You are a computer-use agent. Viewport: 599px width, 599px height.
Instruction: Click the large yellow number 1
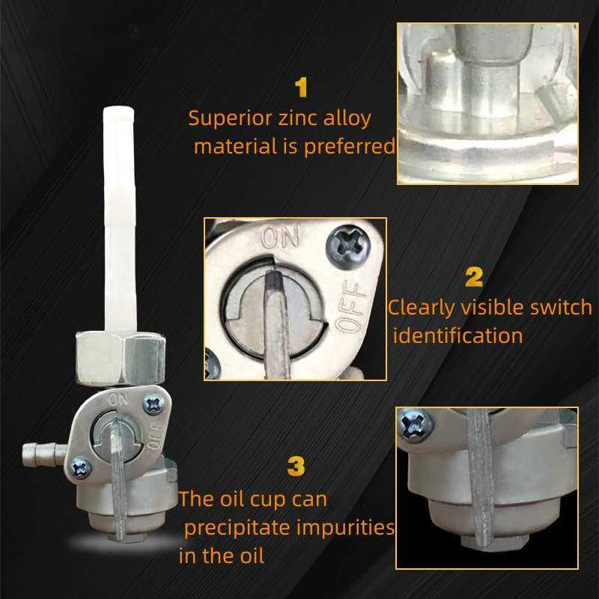coord(302,87)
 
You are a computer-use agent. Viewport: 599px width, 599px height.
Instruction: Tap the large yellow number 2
coord(474,277)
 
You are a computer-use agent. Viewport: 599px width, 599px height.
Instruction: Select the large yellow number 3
coord(296,466)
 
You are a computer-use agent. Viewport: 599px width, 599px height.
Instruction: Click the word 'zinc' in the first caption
coord(297,118)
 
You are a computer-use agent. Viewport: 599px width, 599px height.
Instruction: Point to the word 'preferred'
coord(350,147)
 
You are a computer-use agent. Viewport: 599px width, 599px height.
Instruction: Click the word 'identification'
coord(457,335)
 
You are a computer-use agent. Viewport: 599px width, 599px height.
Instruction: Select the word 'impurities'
coord(345,528)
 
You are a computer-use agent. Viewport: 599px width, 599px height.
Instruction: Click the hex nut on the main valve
coord(121,358)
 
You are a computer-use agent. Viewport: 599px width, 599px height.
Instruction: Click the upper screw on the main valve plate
coord(153,404)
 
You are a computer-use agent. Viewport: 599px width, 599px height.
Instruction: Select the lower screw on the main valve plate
coord(82,467)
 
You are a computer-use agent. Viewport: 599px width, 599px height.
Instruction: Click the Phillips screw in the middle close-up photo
coord(348,247)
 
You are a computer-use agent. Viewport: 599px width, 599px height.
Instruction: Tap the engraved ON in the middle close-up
coord(280,237)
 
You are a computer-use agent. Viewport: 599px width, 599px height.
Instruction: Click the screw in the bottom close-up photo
coord(416,425)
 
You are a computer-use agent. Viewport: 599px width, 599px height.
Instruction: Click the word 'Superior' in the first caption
coord(230,118)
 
